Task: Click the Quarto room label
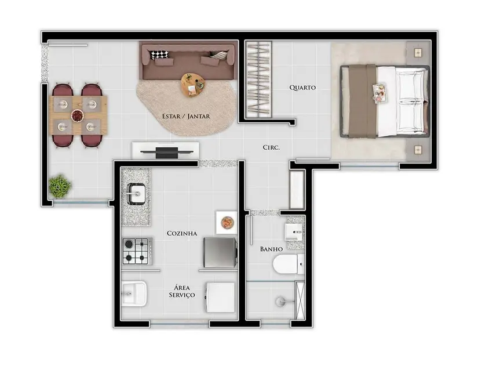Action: coord(302,88)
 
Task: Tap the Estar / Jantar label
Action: coord(186,117)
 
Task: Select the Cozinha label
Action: coord(182,234)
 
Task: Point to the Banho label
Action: coord(271,249)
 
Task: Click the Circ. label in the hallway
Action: coord(271,147)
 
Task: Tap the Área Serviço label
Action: coord(182,291)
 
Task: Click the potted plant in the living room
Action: coord(60,186)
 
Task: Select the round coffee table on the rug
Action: coord(193,85)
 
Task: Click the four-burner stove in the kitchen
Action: coord(137,251)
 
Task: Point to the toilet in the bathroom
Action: coord(288,264)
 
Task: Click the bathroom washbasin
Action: coord(294,231)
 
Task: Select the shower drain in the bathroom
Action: coord(281,302)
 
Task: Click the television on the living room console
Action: coord(166,152)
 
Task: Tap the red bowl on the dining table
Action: coord(78,115)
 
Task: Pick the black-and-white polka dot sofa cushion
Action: coord(160,55)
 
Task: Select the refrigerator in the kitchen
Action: coord(220,252)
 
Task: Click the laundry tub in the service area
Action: coord(134,293)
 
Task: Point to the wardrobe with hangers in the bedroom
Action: coord(258,79)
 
